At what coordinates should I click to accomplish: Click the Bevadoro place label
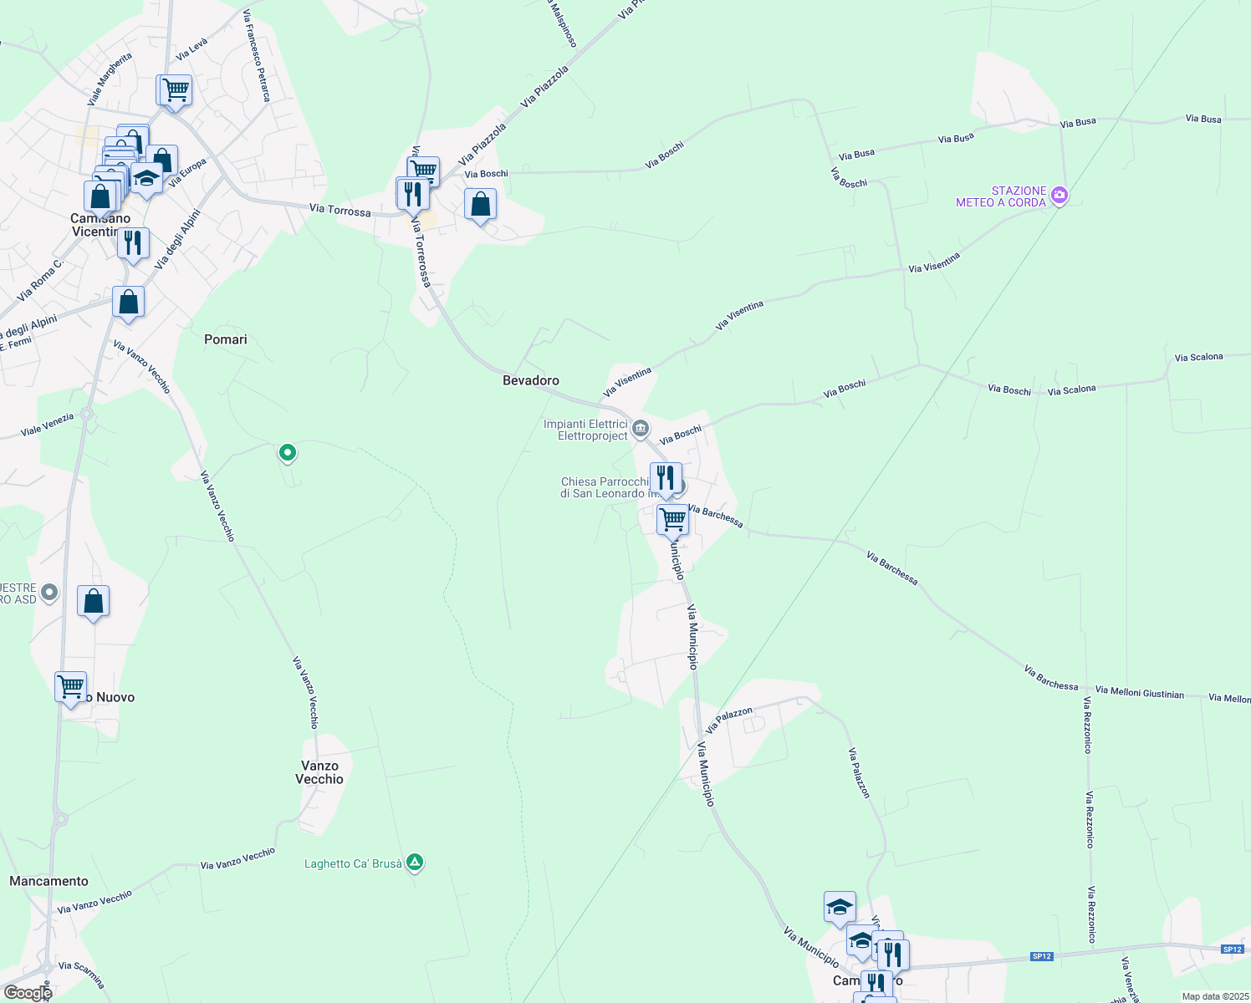pos(530,380)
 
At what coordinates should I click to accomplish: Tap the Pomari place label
pos(226,339)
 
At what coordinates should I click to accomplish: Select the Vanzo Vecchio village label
pos(319,772)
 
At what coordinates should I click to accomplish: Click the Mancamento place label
pos(49,881)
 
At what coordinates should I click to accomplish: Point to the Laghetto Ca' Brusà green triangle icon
pos(415,863)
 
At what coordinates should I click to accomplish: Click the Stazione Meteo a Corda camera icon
pos(1060,196)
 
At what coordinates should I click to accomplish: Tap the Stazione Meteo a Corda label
pos(1001,196)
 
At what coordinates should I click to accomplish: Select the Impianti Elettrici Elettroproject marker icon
pos(641,430)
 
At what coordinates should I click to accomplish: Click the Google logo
pos(28,993)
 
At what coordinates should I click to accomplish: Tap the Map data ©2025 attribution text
pos(1215,996)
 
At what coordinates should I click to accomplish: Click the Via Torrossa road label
pos(340,210)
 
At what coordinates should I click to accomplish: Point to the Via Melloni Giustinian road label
pos(1139,692)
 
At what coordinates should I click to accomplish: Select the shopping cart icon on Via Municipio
pos(673,519)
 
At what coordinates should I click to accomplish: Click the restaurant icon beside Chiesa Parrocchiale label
pos(666,478)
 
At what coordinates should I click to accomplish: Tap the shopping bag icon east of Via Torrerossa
pos(481,204)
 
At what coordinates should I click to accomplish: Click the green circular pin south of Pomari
pos(287,453)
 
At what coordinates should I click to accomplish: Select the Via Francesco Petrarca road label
pos(258,56)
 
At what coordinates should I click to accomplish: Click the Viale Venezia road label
pos(48,425)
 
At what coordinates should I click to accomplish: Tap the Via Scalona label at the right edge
pos(1198,358)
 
